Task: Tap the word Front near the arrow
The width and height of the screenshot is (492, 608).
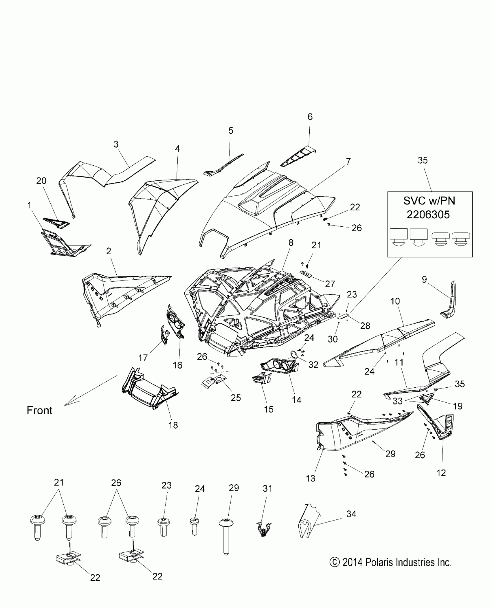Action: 40,410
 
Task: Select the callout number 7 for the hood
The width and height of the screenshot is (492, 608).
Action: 348,162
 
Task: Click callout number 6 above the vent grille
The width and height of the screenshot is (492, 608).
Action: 310,117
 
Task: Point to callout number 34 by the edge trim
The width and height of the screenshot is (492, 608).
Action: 351,514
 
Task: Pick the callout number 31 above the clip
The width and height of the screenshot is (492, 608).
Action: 267,488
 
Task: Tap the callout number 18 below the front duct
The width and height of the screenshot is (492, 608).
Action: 173,425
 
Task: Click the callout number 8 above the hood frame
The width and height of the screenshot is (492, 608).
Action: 291,243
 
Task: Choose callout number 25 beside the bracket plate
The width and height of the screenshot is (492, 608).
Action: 236,398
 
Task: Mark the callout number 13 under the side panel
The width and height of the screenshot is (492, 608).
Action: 310,478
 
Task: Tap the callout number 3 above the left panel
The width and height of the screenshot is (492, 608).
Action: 116,144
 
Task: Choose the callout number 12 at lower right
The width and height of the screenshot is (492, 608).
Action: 441,473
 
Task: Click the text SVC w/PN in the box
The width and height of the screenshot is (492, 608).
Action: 429,201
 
